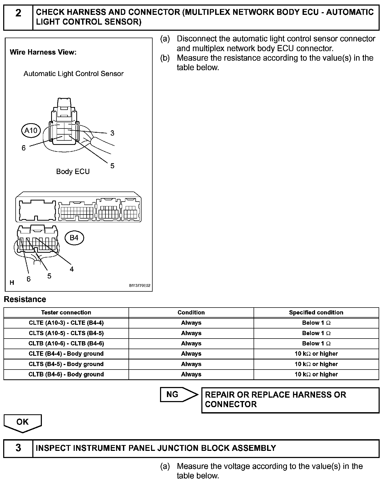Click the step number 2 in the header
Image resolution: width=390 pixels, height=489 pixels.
18,13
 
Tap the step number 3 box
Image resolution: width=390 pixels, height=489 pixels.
18,448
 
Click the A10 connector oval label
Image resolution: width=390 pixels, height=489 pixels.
31,130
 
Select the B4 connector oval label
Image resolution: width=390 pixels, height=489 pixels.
74,238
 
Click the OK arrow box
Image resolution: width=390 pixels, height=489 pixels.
23,423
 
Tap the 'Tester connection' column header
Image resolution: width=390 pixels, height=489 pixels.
66,313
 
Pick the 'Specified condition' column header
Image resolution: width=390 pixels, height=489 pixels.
316,313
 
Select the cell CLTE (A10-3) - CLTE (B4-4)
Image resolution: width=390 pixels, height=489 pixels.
66,323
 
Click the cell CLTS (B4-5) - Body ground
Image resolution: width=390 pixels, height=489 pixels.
66,364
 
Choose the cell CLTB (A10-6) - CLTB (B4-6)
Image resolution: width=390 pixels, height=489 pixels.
66,344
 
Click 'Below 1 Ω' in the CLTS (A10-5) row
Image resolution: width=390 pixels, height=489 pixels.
316,333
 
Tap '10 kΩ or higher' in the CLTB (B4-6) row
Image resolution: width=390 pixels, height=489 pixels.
316,375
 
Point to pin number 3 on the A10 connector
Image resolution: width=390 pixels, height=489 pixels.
112,133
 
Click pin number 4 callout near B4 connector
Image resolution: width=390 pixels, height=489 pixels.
72,269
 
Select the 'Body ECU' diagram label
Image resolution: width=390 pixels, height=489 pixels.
73,172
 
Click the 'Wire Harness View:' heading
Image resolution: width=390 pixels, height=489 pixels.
43,52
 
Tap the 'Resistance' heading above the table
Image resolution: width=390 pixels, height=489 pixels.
25,299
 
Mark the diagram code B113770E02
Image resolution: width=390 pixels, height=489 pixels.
140,286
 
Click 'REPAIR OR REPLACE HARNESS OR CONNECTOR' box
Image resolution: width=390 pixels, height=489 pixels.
290,400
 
